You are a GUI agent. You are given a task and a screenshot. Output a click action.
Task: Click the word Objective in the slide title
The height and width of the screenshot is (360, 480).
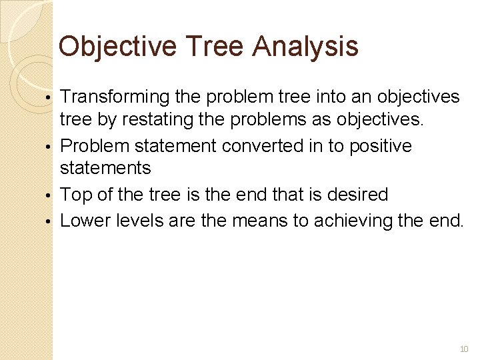click(117, 47)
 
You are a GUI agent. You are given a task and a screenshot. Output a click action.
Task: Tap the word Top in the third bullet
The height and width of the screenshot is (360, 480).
click(75, 195)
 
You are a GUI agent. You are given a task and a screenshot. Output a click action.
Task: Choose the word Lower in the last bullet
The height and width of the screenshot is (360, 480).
click(85, 219)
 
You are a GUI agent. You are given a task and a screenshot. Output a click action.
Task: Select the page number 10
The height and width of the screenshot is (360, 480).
click(464, 349)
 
